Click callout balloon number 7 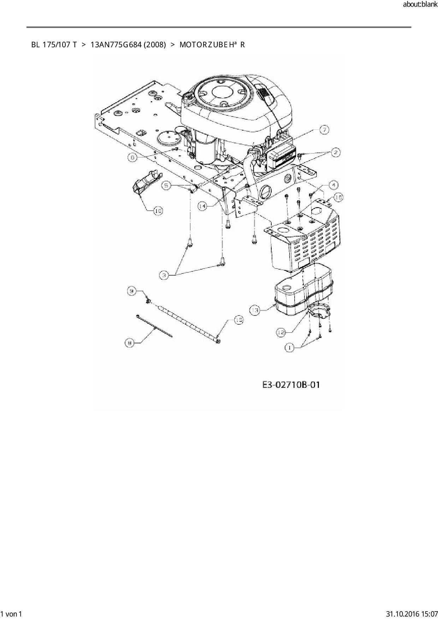[x=324, y=130]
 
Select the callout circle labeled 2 [x=335, y=152]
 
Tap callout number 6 [x=132, y=157]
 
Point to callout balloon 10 [x=158, y=211]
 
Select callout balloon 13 [x=255, y=311]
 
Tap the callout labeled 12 [x=281, y=332]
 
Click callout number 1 [x=289, y=348]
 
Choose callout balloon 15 [x=239, y=320]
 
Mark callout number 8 [x=130, y=342]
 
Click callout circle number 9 [x=131, y=291]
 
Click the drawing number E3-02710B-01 [x=291, y=384]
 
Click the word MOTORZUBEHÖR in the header [x=212, y=45]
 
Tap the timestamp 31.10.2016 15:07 [x=411, y=614]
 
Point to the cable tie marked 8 [x=154, y=326]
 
